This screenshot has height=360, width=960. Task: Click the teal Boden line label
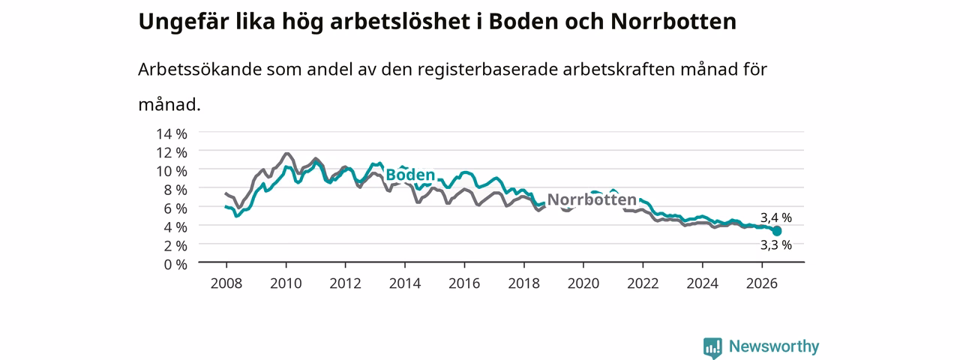[410, 175]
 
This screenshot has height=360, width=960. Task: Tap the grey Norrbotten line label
[592, 199]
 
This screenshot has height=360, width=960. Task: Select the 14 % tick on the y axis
[172, 133]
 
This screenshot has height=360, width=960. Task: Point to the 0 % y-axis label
[175, 265]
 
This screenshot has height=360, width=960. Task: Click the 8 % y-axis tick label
[175, 190]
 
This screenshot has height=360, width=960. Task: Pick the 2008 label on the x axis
[226, 283]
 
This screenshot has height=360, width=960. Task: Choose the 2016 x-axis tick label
[464, 283]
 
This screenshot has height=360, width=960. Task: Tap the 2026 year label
[761, 283]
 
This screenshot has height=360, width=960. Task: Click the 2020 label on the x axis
[583, 283]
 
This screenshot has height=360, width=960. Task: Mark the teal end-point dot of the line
[776, 231]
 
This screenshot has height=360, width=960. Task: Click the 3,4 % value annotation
[776, 217]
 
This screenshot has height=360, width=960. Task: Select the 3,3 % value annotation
[776, 245]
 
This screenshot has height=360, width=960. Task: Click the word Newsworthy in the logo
[774, 346]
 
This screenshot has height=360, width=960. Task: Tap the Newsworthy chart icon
[712, 347]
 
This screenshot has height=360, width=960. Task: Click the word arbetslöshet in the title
[400, 22]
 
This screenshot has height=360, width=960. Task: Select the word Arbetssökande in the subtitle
[199, 69]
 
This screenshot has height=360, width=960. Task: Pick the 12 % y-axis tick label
[172, 152]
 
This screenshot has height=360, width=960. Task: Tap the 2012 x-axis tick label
[346, 283]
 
